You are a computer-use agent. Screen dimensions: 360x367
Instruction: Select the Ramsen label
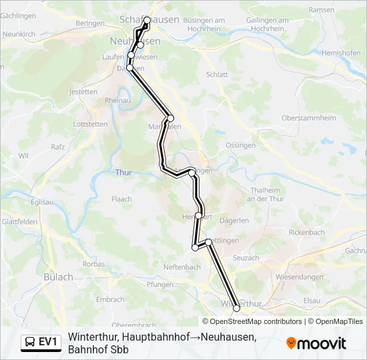coord(322,10)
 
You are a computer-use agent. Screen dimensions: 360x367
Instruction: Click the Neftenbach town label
coord(182,267)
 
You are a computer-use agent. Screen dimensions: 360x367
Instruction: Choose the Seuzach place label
coord(246,258)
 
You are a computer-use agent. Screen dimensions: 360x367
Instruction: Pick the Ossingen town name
coord(241,145)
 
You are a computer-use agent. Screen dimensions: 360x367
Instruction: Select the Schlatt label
coord(217,75)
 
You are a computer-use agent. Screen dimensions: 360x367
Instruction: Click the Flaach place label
coord(122,199)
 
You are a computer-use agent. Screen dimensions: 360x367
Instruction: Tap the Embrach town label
coord(110,300)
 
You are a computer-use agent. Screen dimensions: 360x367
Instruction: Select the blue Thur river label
coord(124,172)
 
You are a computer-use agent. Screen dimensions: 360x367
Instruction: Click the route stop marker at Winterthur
coord(236,308)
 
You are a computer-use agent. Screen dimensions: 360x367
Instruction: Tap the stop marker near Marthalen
coord(170,118)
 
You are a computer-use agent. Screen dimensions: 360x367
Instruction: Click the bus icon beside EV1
coord(31,342)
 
